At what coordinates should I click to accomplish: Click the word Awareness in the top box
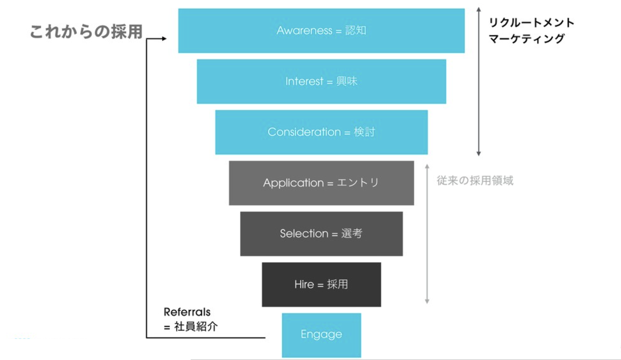click(x=304, y=31)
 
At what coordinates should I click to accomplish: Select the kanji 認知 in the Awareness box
click(x=355, y=31)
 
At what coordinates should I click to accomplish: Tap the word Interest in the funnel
click(x=304, y=81)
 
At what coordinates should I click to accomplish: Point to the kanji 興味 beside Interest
click(x=347, y=81)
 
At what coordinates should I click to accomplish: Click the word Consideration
click(x=304, y=132)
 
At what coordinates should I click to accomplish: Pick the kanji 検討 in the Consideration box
click(x=364, y=132)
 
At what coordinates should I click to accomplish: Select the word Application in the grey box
click(x=293, y=183)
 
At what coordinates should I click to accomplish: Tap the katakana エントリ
click(x=357, y=183)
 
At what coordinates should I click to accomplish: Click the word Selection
click(x=304, y=233)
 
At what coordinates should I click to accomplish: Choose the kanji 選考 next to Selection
click(x=352, y=233)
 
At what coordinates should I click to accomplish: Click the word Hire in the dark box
click(x=304, y=284)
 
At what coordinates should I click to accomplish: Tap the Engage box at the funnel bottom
click(x=321, y=335)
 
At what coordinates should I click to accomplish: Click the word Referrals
click(x=187, y=312)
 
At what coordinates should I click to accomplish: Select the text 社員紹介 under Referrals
click(x=196, y=327)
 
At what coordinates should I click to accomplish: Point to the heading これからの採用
click(x=86, y=32)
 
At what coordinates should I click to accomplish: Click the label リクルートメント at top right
click(x=531, y=23)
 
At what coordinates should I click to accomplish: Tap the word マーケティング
click(x=527, y=39)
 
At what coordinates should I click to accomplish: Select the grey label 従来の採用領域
click(x=475, y=181)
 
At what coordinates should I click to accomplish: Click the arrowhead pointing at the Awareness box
click(x=164, y=39)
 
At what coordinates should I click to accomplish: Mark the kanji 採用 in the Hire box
click(x=338, y=284)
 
